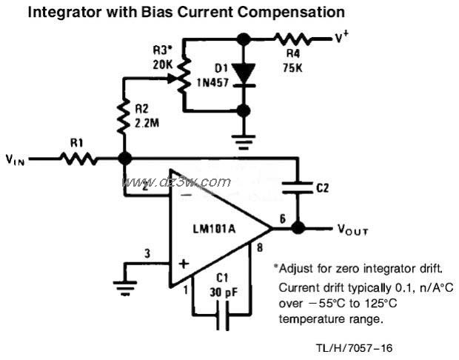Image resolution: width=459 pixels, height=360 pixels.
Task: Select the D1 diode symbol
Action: click(243, 73)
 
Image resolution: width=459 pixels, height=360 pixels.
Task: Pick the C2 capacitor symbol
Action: click(298, 189)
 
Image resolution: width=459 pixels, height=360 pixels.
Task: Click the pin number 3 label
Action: click(147, 253)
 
